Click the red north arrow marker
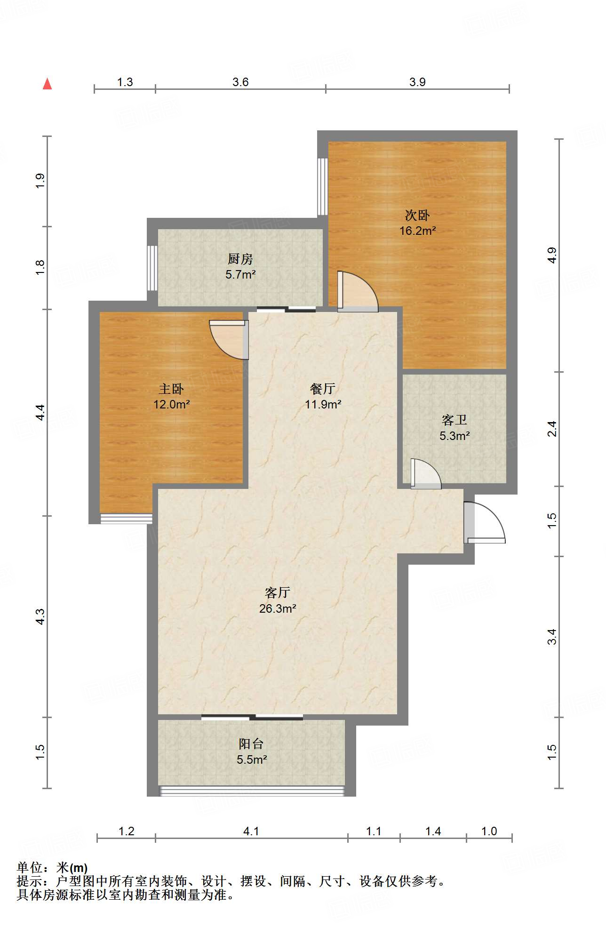tap(48, 84)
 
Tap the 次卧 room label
tap(417, 216)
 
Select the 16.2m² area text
tap(417, 231)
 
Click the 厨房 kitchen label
tap(240, 259)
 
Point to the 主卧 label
tap(171, 389)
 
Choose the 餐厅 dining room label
tap(323, 389)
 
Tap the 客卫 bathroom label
tap(454, 420)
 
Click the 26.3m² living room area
tap(278, 608)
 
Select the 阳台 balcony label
tap(251, 744)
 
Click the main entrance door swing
tap(485, 522)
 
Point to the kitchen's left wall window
tap(152, 268)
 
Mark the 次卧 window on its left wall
tap(322, 186)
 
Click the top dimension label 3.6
tap(240, 82)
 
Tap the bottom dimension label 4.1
tap(251, 831)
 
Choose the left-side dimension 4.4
tap(40, 412)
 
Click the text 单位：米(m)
tap(52, 868)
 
